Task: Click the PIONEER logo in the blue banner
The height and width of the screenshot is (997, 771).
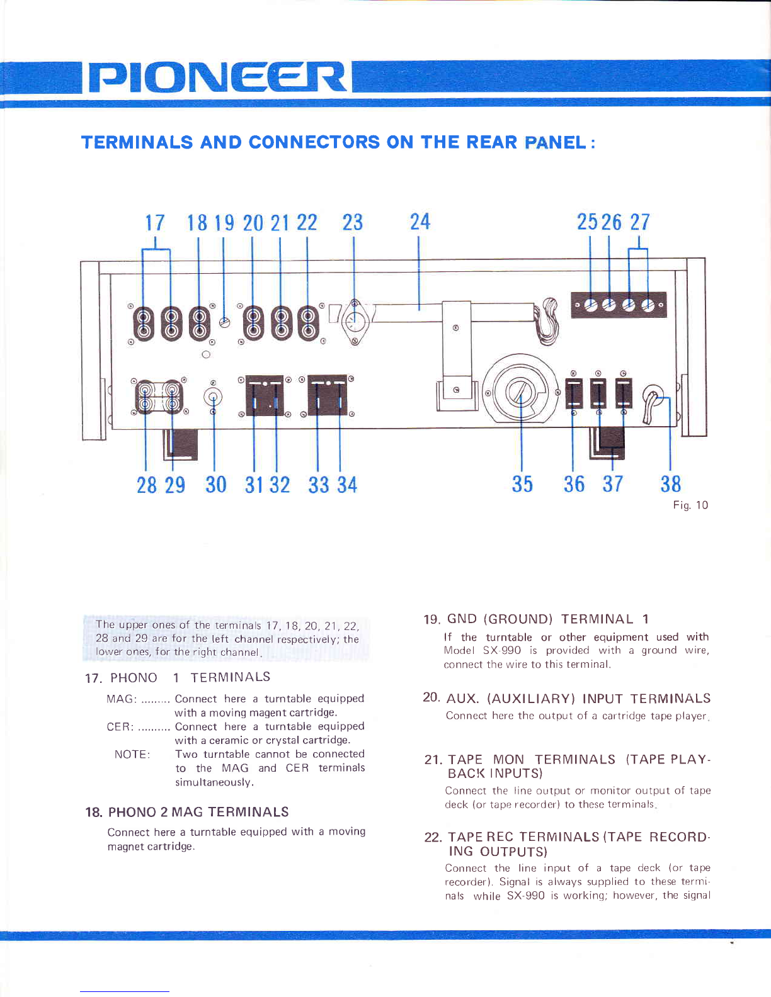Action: tap(216, 77)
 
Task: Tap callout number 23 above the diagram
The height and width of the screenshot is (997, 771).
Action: tap(353, 223)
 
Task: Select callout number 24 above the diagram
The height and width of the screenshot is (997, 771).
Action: tap(420, 222)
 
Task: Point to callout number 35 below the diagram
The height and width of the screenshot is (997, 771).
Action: tap(523, 484)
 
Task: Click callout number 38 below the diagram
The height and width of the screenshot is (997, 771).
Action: tap(671, 484)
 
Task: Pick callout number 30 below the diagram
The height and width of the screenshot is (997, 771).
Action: tap(216, 485)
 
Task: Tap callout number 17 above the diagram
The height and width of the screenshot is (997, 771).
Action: tap(155, 223)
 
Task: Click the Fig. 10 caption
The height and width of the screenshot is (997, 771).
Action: tap(690, 505)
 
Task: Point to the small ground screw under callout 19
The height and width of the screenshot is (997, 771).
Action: tap(224, 322)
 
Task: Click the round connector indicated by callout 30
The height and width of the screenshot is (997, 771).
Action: tap(213, 397)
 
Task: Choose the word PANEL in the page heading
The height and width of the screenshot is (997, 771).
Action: tap(556, 142)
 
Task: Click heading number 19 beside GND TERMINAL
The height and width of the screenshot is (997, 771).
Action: tap(431, 620)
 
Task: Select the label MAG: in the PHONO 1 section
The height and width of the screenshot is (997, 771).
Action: tap(122, 699)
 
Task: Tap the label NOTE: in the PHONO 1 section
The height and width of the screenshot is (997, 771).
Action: tap(132, 755)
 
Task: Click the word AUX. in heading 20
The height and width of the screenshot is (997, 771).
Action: tap(463, 699)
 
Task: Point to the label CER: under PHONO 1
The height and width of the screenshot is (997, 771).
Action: tap(120, 727)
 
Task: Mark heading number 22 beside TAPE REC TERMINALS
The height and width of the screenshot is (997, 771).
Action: tap(433, 838)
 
